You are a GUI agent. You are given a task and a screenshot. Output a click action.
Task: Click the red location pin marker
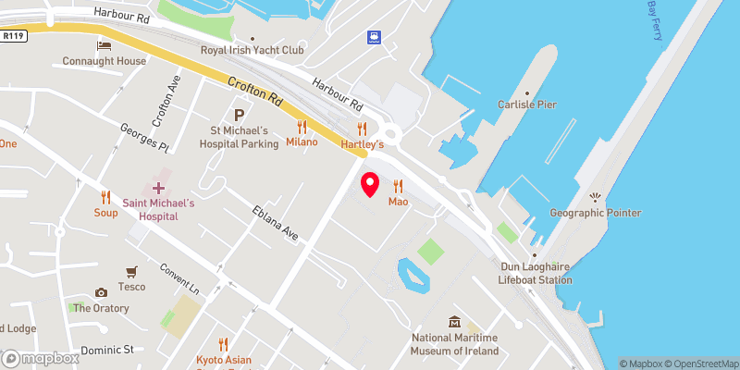370,184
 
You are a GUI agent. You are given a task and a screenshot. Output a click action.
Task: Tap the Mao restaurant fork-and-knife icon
399,184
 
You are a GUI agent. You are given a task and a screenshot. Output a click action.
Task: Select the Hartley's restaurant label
362,144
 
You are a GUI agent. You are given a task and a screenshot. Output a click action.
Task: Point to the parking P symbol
240,116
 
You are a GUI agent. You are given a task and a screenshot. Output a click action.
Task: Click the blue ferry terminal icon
373,37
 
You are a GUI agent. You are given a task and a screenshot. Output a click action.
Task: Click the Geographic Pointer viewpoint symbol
595,196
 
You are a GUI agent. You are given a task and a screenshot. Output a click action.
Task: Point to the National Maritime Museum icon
454,322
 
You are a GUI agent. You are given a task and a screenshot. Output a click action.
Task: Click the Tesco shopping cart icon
131,271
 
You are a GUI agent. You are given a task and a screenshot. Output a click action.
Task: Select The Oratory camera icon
101,293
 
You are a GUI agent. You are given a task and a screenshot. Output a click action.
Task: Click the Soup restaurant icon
105,196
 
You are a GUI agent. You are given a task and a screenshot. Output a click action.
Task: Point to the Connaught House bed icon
105,45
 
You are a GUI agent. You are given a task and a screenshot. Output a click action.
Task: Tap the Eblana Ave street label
275,224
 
